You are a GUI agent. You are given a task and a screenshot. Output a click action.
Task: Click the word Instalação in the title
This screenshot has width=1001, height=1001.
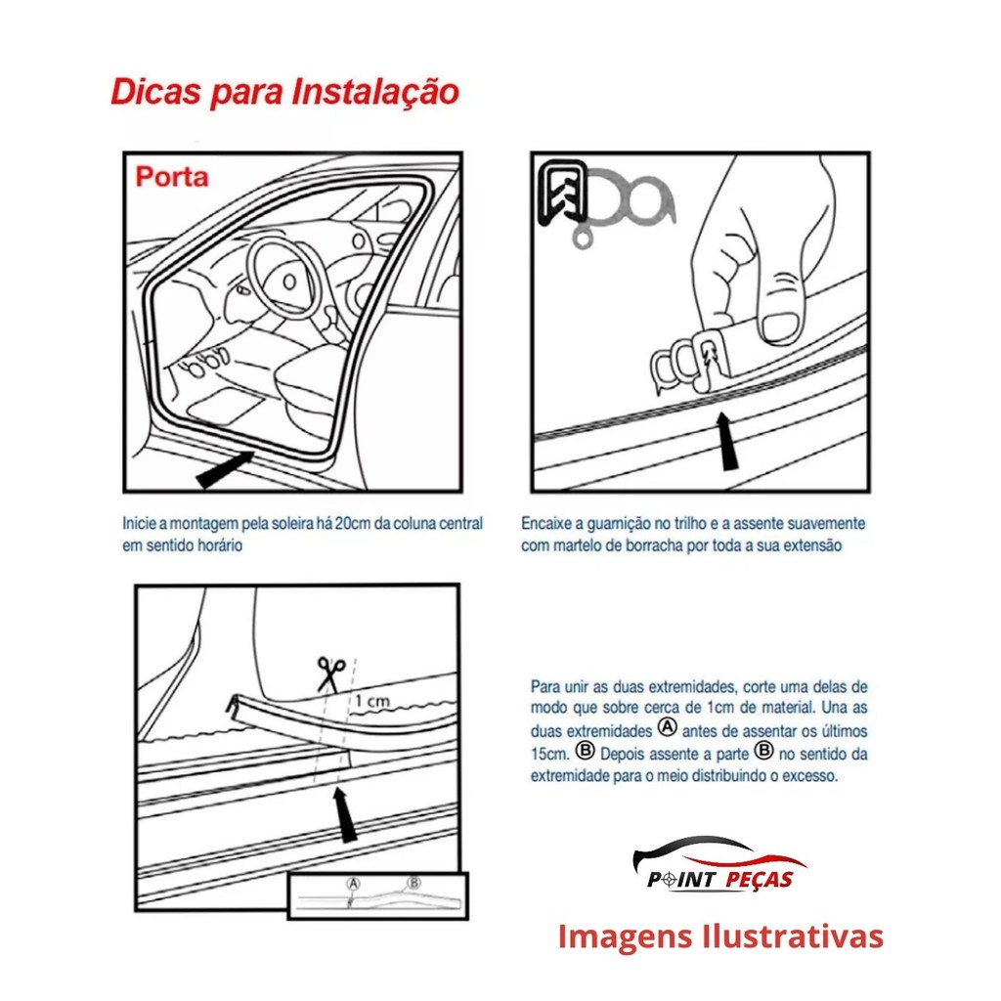(375, 92)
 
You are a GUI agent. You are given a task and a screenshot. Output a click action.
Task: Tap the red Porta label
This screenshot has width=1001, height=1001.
(172, 177)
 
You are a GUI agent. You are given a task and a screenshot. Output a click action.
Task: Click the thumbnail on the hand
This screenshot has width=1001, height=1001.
(780, 326)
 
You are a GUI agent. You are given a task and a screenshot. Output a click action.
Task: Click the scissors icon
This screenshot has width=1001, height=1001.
(330, 675)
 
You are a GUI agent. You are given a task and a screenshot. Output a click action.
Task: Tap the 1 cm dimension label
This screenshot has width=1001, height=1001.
(372, 701)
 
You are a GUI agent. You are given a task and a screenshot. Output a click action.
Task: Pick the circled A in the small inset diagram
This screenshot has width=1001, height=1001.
(353, 884)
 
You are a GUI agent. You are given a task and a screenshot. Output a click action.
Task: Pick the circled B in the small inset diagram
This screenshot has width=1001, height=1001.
(414, 883)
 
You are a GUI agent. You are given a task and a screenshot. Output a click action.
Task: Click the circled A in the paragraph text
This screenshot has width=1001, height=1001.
(667, 727)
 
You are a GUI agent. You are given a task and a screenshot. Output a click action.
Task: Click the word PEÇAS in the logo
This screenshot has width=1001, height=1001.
(759, 880)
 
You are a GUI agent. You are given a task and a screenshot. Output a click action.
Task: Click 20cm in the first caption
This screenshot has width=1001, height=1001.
(352, 524)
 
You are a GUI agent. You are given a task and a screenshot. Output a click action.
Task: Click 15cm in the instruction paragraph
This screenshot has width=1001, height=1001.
(549, 754)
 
